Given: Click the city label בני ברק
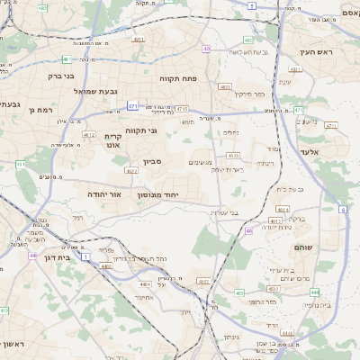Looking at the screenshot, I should [x=60, y=76].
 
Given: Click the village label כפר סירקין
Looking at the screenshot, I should [x=249, y=94].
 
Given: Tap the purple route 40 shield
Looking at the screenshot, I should [x=207, y=49].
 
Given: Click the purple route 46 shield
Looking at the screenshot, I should [x=248, y=231].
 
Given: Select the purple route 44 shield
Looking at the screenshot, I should [x=32, y=256].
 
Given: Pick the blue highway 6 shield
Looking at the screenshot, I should [x=343, y=209].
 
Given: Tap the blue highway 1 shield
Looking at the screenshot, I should [x=85, y=256].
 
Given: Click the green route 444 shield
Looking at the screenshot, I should [x=313, y=292].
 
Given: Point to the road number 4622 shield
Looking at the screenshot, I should [x=131, y=169].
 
